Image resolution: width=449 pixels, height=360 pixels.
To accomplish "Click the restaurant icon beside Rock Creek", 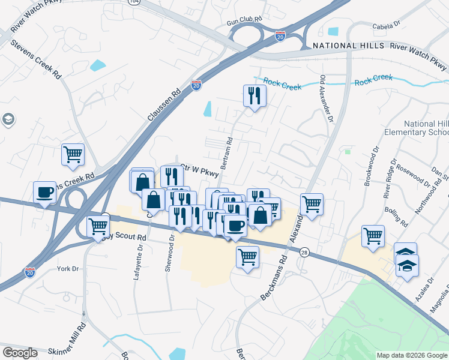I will coord(255,95).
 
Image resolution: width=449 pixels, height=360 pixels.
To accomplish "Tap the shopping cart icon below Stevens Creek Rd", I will coord(73,155).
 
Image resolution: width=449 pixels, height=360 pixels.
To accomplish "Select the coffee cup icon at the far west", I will coord(44,192).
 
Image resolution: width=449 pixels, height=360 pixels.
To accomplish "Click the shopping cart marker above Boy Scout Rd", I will coord(98,227).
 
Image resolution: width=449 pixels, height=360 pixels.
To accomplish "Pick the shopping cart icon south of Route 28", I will coord(247,257).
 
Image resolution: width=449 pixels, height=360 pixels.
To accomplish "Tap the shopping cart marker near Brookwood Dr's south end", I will coord(373,235).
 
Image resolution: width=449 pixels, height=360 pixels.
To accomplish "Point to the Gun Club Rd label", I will coord(244,20).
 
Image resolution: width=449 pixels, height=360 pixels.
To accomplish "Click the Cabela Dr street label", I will coord(386,25).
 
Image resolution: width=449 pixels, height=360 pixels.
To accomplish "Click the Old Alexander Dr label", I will coord(326,98).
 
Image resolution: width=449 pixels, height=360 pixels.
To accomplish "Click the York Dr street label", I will coord(68,268).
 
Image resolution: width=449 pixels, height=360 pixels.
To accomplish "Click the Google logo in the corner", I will coord(20,353).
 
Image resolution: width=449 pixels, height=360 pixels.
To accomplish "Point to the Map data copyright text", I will coord(411,355).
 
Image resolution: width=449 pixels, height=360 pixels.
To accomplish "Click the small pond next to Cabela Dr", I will coord(333,31).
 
